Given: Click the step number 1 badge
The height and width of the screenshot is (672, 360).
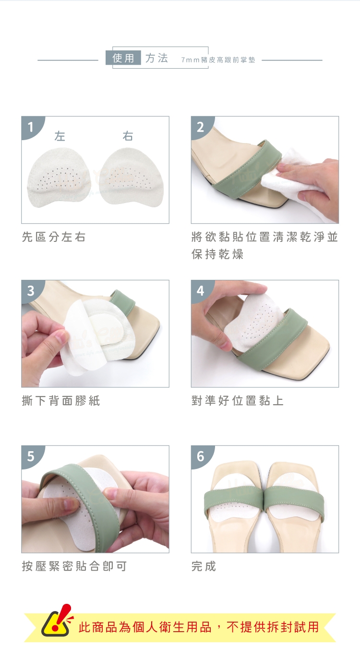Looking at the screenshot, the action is pos(31,127).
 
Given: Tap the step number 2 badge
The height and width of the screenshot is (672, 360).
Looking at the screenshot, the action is pos(200,127).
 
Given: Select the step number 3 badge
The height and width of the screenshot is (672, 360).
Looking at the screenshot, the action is pos(31,291).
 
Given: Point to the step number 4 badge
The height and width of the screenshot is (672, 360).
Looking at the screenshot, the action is pos(200,291).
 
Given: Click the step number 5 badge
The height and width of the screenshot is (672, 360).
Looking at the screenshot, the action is pos(31,456).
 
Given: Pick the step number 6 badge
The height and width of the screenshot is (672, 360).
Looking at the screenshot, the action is pos(200,456).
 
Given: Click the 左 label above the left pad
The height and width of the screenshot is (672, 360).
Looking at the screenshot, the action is pos(60,136).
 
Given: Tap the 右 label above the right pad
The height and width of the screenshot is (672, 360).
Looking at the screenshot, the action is pos(128,136).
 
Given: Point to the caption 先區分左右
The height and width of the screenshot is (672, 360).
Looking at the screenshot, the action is pos(54,237).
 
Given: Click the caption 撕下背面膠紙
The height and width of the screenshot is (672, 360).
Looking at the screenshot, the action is pos(61,401).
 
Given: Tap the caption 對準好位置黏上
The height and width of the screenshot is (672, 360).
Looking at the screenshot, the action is pos(237,401).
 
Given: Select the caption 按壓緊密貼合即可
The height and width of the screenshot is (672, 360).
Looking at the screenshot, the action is pos(74,566).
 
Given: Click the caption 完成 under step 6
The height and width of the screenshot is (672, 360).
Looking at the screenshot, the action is pos(204,566).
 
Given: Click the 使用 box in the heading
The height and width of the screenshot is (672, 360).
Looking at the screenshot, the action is pos(123,58).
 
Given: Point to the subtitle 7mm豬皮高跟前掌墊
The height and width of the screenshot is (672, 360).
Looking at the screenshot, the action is pos(218,60).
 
